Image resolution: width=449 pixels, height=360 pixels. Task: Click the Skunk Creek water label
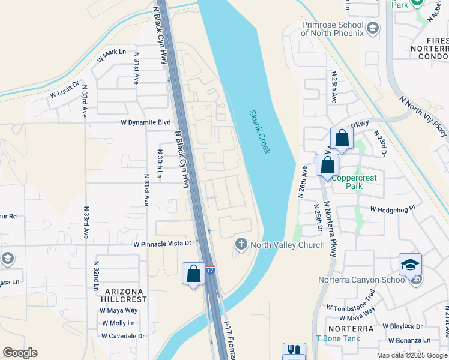tap(259, 131)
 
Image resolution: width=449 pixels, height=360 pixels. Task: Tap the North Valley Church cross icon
tap(241, 244)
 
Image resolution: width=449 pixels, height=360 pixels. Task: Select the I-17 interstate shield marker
tap(211, 270)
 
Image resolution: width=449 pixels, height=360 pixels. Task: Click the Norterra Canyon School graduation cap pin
tap(410, 265)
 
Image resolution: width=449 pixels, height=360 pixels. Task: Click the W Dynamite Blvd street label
tap(146, 122)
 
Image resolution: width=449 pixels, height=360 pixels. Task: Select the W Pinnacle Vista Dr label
tap(162, 244)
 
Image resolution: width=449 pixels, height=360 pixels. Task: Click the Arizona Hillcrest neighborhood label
tap(124, 295)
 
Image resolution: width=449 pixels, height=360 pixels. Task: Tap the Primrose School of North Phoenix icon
tap(373, 28)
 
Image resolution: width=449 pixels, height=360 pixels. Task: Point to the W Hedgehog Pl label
tap(393, 209)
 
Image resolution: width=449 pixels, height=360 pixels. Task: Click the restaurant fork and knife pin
tap(294, 352)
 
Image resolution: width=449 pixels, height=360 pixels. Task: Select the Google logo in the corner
tap(20, 353)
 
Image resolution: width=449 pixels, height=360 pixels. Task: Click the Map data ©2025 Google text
tap(412, 355)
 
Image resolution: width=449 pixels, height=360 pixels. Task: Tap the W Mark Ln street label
tap(112, 56)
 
